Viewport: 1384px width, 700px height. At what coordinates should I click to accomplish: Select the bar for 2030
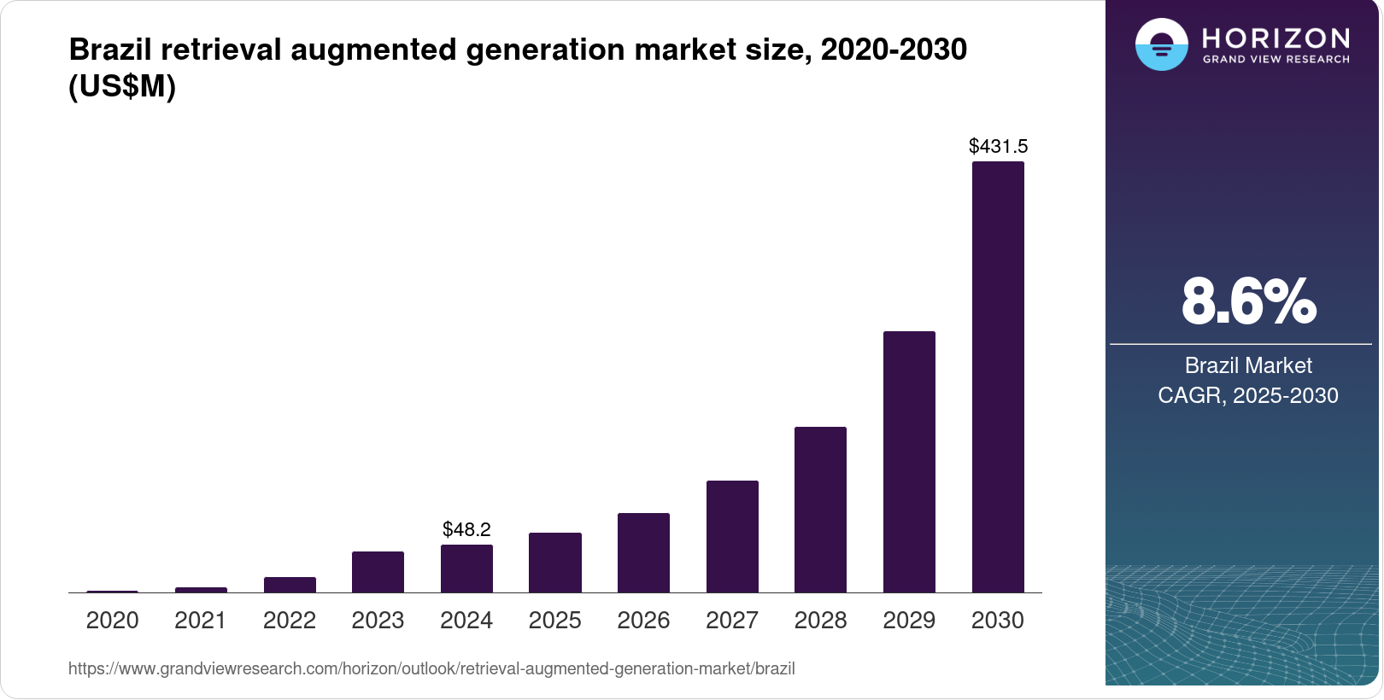click(998, 377)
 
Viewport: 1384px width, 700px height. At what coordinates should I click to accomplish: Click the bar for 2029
click(909, 462)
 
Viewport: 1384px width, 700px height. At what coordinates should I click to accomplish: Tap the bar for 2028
click(820, 510)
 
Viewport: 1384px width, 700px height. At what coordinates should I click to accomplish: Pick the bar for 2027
click(732, 537)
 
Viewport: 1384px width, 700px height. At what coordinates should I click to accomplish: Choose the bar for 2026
click(643, 553)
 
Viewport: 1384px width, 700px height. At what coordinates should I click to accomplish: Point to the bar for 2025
click(555, 563)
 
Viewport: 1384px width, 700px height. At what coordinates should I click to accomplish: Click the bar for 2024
click(466, 569)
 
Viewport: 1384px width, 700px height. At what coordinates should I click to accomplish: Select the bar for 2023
click(378, 572)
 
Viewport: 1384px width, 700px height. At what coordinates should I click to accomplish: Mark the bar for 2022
click(290, 585)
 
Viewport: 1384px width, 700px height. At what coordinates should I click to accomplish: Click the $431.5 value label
click(998, 147)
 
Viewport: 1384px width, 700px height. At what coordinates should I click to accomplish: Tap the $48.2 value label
click(466, 530)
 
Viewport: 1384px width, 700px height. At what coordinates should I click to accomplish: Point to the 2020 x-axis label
click(112, 621)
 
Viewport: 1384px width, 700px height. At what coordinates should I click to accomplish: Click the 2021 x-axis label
click(201, 621)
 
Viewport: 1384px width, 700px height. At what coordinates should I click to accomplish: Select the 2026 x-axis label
click(643, 621)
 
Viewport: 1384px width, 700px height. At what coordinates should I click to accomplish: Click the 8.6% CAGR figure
click(1248, 302)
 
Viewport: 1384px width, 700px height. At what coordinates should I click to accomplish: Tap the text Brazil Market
click(1248, 365)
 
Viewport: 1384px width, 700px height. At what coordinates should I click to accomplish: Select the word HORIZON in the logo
click(1276, 38)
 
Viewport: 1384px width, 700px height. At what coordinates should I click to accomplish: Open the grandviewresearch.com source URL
click(431, 669)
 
